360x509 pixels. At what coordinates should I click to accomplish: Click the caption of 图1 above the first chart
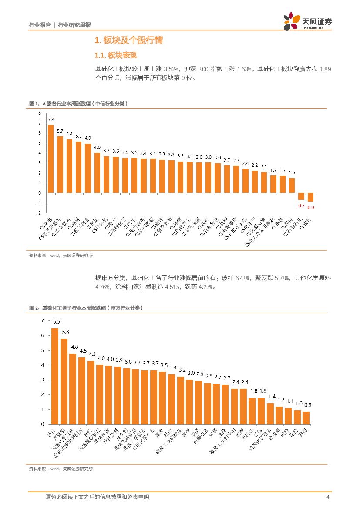78,103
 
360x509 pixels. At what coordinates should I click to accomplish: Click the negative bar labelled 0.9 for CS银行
310,197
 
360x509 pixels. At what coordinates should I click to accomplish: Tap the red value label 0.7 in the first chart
301,206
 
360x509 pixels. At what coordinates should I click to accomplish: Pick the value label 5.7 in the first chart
60,131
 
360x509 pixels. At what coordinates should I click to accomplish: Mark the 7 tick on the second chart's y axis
43,320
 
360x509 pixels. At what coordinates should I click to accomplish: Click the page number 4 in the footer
327,497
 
